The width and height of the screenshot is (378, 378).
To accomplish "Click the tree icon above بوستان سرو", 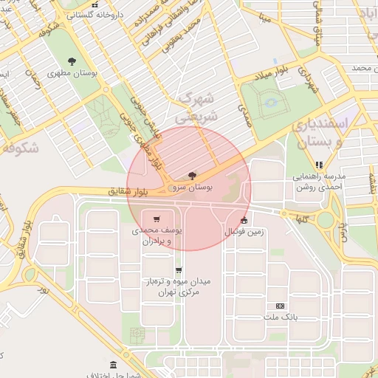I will tap(193, 176).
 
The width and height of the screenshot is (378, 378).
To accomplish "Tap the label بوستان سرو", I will tap(193, 188).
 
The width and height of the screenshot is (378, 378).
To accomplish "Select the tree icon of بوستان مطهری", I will tap(72, 62).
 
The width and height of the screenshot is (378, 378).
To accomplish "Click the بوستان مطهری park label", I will tap(72, 75).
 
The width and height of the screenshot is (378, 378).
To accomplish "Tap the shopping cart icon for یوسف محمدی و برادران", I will tap(157, 219).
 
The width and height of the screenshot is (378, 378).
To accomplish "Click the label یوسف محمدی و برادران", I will tap(157, 236).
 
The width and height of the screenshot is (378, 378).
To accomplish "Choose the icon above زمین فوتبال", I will tap(244, 220).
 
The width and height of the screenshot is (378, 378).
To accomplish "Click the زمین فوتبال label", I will tap(244, 232).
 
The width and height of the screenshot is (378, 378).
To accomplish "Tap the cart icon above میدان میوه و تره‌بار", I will tap(179, 270).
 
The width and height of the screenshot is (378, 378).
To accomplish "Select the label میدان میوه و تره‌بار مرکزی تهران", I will tap(177, 287).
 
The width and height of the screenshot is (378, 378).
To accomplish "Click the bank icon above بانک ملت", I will tap(280, 306).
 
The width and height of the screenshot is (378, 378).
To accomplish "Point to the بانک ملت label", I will tap(280, 317).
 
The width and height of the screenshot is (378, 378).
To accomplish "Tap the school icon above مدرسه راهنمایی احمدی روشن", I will tap(319, 165).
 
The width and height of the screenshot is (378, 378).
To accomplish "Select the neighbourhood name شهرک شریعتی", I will tap(196, 108).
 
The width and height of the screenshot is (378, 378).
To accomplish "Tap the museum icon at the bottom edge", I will tap(113, 365).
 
